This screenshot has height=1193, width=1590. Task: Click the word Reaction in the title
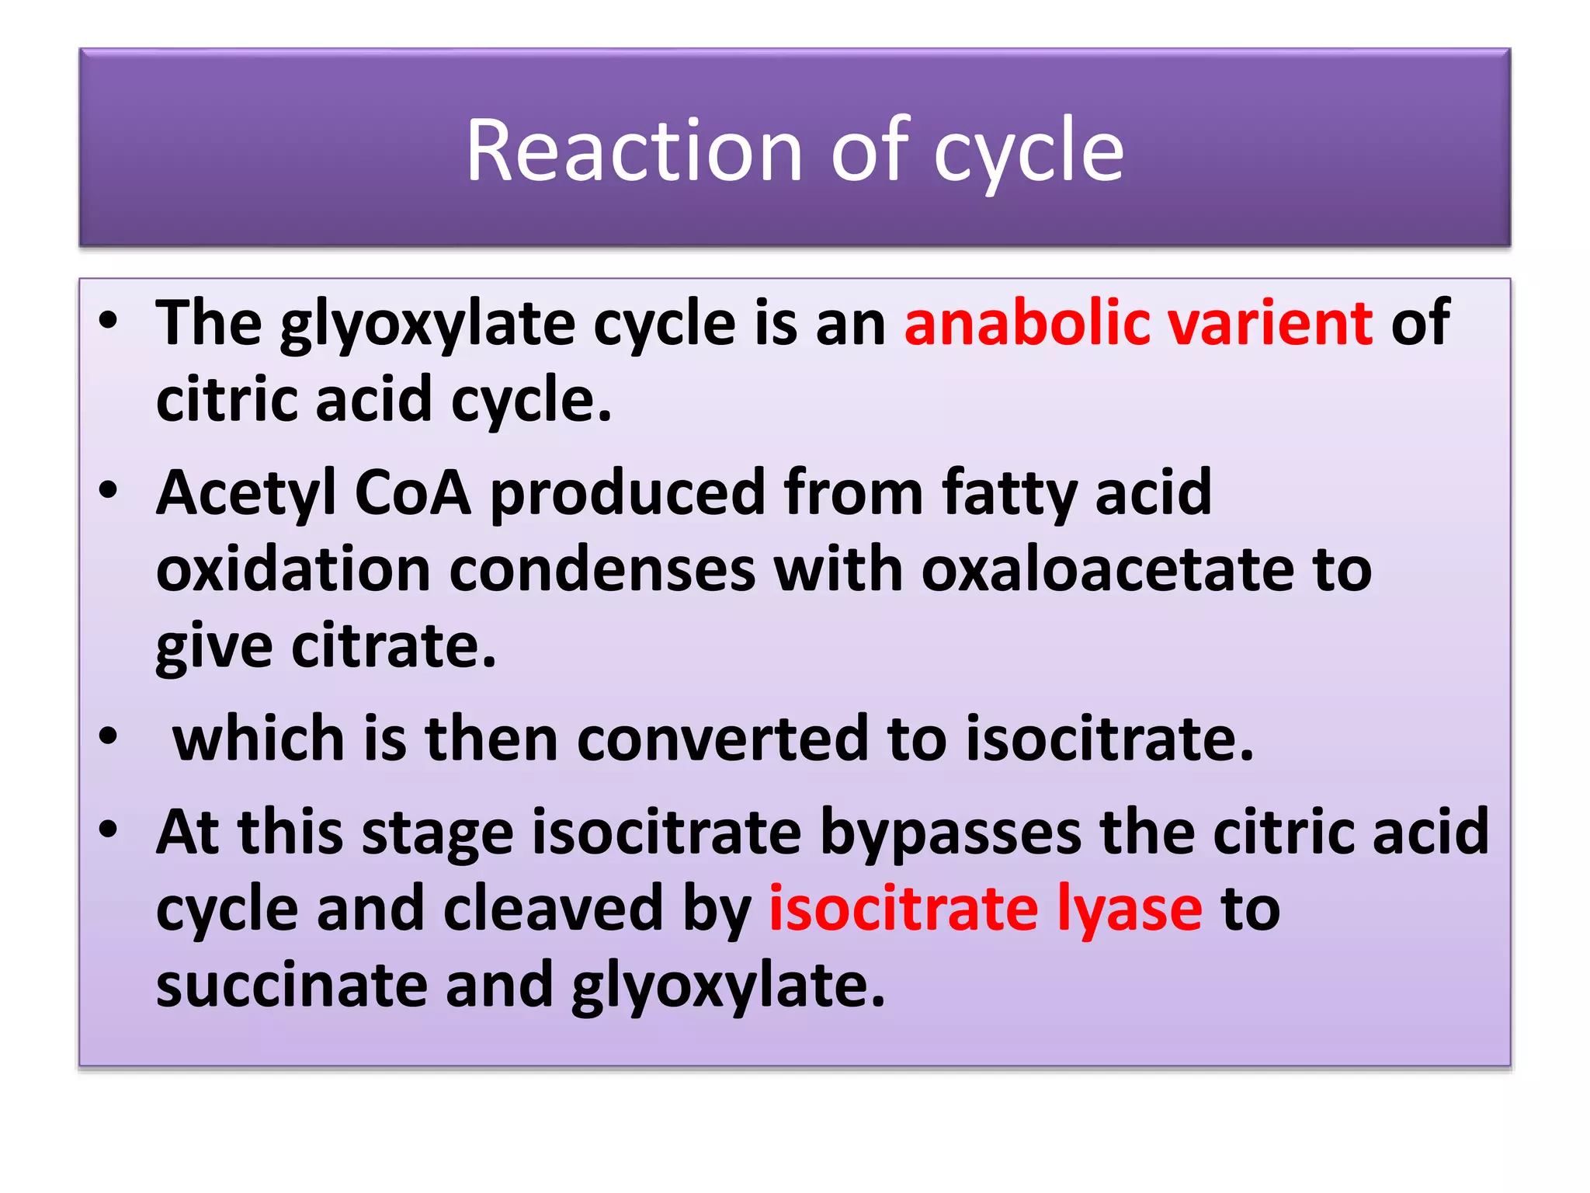634,151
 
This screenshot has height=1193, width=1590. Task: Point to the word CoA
412,492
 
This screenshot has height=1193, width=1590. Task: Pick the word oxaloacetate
1107,569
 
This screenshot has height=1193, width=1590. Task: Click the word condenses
602,569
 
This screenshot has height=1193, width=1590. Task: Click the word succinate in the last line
291,985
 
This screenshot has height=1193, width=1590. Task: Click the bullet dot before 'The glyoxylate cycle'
109,319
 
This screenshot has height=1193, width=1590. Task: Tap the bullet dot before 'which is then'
109,736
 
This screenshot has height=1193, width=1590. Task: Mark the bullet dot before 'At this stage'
109,829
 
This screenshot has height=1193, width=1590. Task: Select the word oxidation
293,569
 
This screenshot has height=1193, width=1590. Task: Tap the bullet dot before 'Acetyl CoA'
109,490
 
